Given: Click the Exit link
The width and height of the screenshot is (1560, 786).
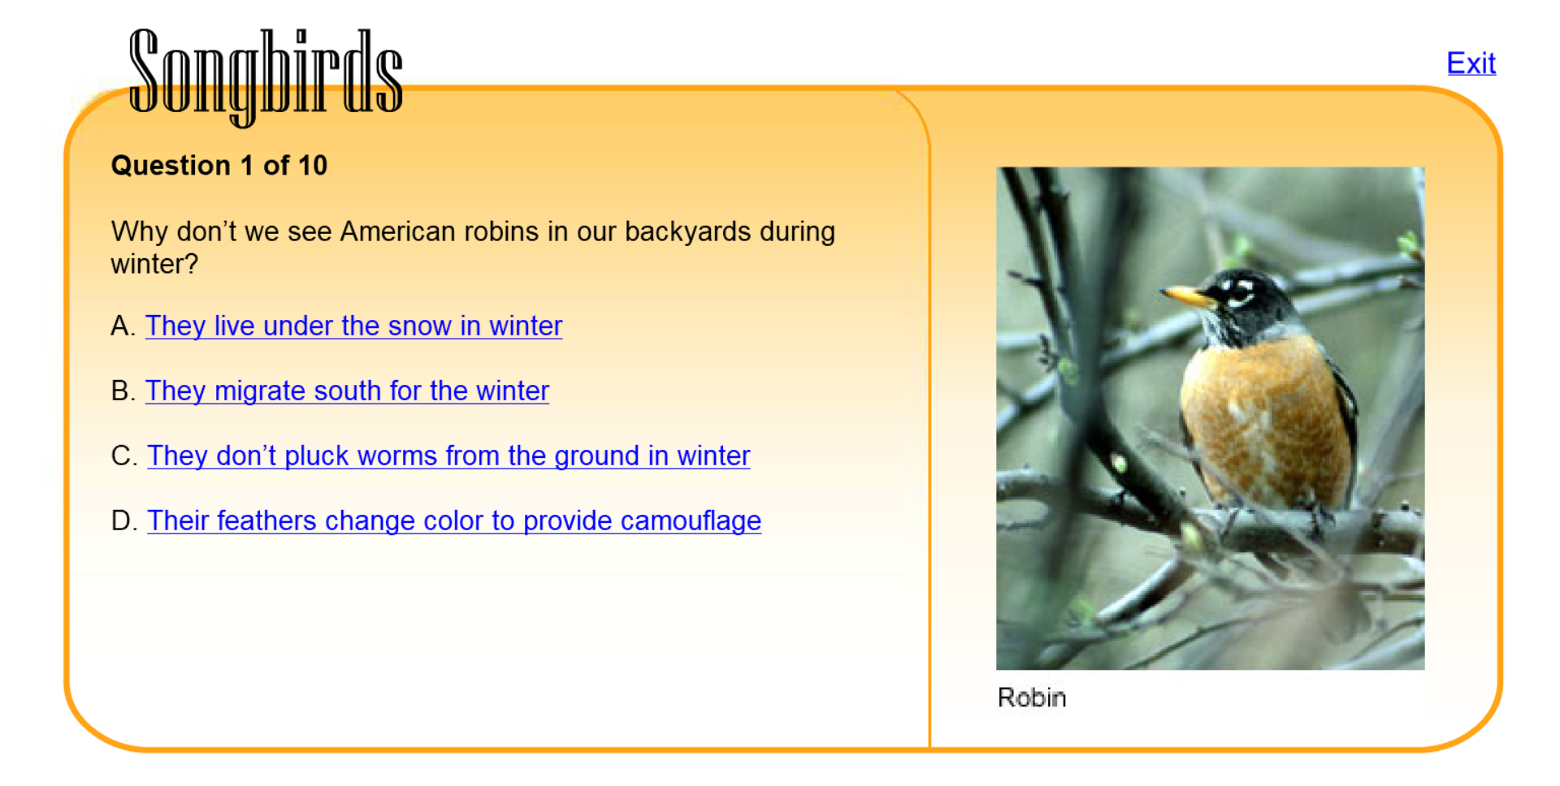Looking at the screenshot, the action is coord(1471,63).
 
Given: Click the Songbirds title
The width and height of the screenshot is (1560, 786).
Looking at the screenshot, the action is coord(266,76).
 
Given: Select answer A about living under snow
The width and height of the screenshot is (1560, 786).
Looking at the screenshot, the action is coord(353,326).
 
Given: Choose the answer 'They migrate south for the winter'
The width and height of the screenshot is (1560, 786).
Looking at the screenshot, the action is coord(347,391).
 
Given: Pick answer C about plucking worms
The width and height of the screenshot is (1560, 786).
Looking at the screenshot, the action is coord(448,456).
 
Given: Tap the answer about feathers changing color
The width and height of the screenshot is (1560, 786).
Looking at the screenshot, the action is coord(454,520).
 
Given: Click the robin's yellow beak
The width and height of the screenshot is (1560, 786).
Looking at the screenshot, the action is coord(1188,295).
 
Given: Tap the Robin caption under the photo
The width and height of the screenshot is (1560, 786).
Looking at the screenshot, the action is coord(1032,697).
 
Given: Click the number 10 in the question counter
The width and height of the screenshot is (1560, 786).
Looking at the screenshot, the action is coord(312,166).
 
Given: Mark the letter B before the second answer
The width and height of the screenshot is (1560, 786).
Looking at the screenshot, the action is coord(120,391).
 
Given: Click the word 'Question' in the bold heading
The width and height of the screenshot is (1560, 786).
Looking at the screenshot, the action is coord(171,166).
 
